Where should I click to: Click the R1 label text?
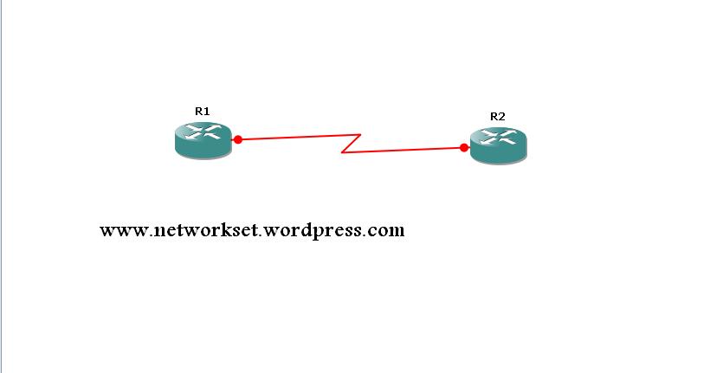(203, 112)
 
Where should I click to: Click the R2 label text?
(498, 117)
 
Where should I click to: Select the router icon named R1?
(203, 140)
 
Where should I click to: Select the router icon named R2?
(499, 145)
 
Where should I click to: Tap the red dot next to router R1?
(238, 139)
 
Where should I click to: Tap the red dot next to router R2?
(464, 148)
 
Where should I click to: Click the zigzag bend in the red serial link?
(351, 144)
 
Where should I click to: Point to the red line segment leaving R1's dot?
(299, 137)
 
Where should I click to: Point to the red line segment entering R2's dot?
(403, 151)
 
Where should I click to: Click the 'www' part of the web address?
(124, 231)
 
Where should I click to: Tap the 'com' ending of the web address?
(386, 231)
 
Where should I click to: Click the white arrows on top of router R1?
(203, 132)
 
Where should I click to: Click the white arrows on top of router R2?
(499, 137)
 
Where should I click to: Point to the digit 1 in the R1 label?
(207, 112)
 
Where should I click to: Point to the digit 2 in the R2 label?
(501, 117)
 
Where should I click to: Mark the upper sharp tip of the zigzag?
(360, 134)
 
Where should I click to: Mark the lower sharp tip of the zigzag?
(341, 152)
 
